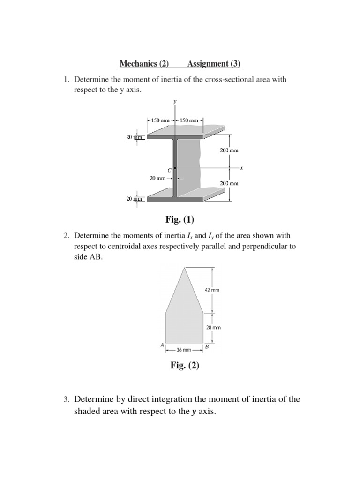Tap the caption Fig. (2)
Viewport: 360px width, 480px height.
(185, 366)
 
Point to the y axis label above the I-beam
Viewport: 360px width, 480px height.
(175, 101)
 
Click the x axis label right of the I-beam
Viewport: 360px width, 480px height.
(242, 167)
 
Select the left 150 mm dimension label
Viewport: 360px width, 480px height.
(160, 120)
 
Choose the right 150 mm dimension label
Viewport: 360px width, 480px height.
(189, 120)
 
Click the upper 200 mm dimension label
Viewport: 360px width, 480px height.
(229, 150)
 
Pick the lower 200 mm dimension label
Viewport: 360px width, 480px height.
(229, 183)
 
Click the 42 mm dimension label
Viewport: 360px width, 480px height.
(212, 290)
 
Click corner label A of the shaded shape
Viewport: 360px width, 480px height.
(162, 345)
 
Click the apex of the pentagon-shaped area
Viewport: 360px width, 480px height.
(186, 267)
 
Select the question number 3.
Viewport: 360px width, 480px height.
(66, 400)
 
